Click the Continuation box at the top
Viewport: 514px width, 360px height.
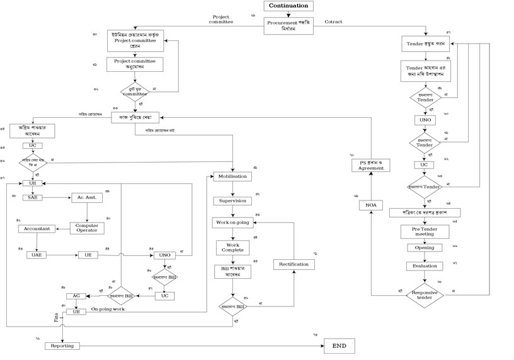288,6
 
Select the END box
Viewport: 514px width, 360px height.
339,345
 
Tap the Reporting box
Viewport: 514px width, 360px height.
62,345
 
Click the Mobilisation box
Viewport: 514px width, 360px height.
232,177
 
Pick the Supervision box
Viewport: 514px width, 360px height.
232,201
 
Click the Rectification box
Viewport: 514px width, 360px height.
294,264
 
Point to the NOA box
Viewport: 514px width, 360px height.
370,206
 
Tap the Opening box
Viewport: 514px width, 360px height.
424,248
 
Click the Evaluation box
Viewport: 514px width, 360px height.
424,265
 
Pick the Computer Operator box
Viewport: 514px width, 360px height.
86,228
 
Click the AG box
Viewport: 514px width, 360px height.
75,296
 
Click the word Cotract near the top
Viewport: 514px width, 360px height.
333,22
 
